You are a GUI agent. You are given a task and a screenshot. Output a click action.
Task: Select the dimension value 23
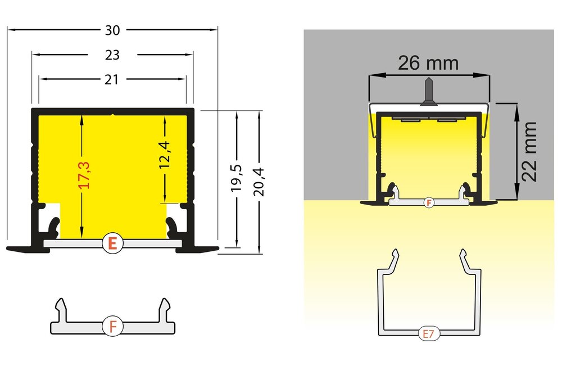112,55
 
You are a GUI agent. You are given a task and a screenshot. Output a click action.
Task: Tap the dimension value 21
112,80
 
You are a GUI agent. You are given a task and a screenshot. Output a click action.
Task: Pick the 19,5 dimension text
237,179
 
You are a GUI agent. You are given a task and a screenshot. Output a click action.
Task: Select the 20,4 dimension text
259,179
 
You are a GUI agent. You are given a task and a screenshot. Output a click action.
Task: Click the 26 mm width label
428,62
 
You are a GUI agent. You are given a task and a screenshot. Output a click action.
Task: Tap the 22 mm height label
529,151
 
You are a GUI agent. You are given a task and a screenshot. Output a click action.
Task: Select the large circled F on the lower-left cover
113,326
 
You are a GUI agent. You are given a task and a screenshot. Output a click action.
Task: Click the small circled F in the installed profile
429,202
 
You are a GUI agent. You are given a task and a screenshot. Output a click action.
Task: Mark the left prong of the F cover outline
61,307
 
